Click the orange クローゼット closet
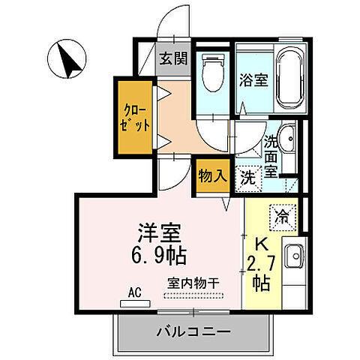click(128, 118)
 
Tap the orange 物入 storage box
click(211, 177)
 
